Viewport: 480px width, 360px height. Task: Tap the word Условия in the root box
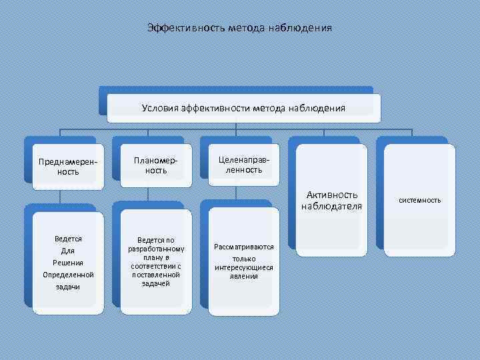[x=159, y=107]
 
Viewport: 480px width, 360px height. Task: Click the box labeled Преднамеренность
[x=67, y=166]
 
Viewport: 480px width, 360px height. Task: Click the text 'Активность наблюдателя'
[x=332, y=200]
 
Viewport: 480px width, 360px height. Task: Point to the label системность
[x=420, y=200]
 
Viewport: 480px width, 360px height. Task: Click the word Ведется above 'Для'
[x=68, y=238]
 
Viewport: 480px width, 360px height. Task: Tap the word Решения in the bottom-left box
[x=68, y=262]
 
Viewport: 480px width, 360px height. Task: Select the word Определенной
[x=68, y=274]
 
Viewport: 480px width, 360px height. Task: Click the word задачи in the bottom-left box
[x=68, y=286]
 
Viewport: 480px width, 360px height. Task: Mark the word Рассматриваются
[x=244, y=247]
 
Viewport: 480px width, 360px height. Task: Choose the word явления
[x=244, y=276]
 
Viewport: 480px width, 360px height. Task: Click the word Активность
[x=332, y=195]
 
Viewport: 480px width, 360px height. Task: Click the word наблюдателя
[x=332, y=206]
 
